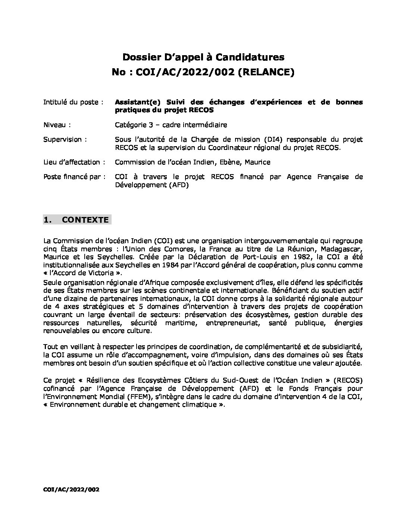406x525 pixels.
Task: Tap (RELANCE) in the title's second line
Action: (x=266, y=72)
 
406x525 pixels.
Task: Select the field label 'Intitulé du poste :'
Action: (x=73, y=102)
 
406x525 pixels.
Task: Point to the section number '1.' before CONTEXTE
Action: (x=47, y=220)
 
